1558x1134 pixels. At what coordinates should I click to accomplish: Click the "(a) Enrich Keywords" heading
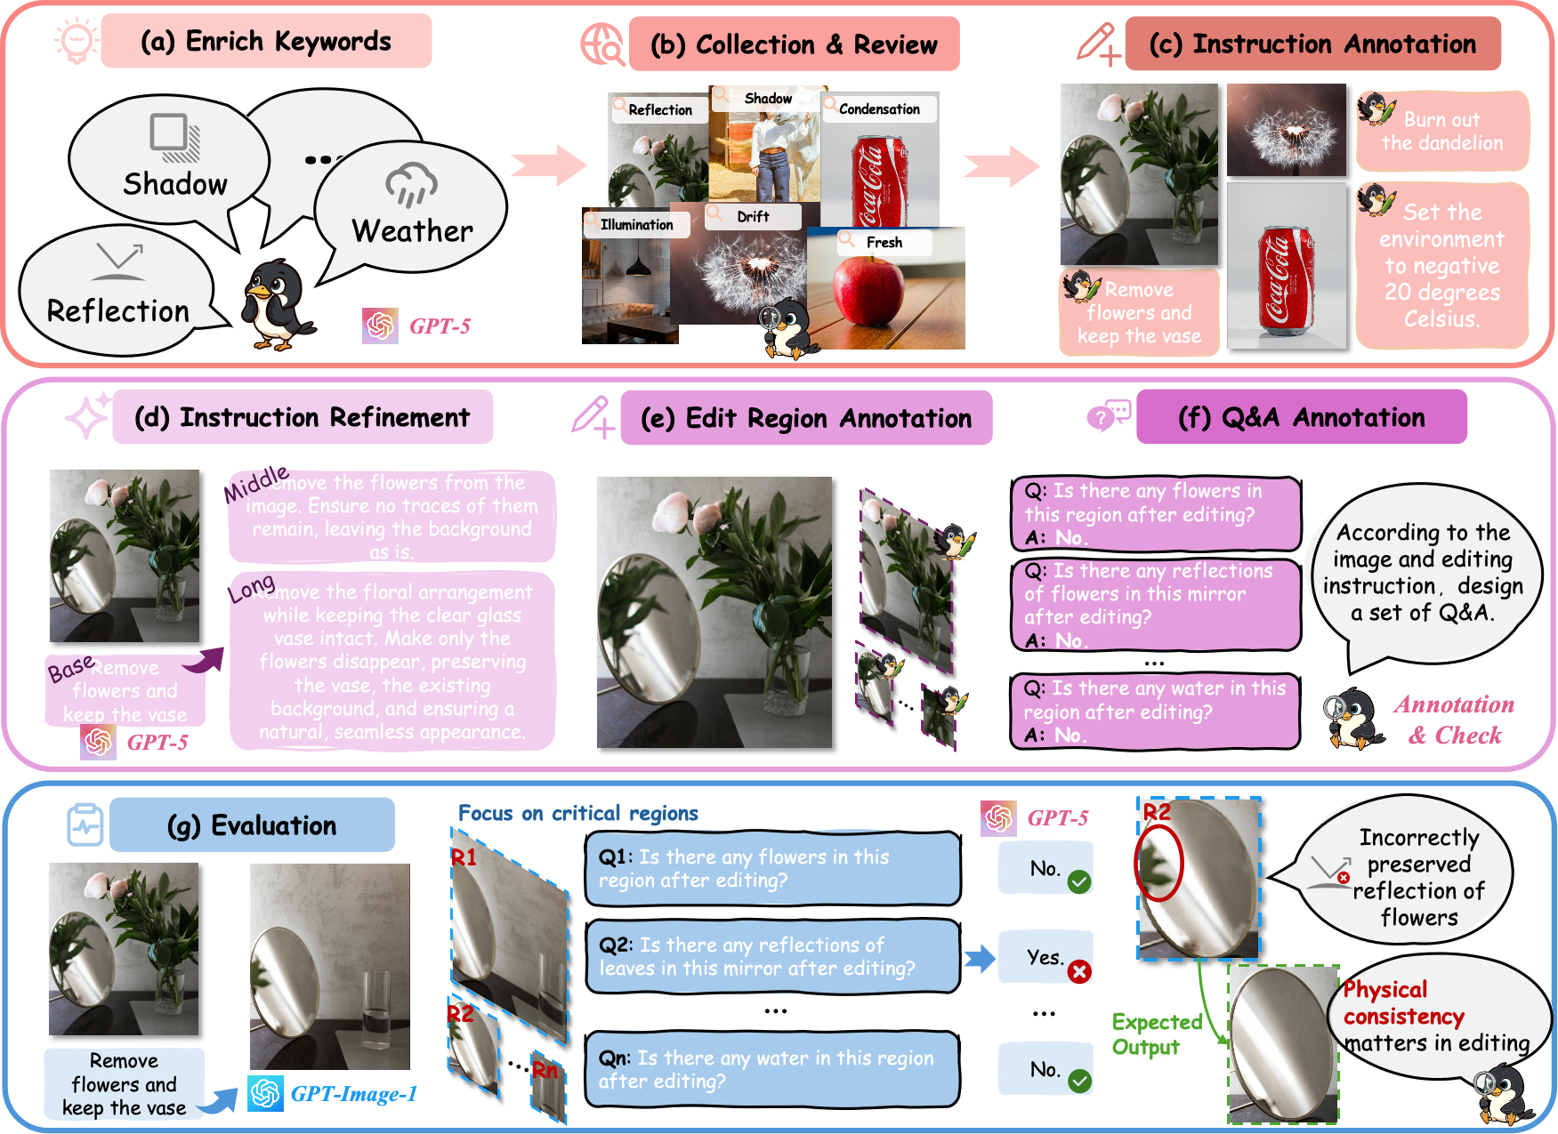click(x=265, y=42)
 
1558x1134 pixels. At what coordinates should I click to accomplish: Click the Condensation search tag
click(x=879, y=109)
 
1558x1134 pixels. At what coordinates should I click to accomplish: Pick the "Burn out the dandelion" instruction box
click(x=1441, y=131)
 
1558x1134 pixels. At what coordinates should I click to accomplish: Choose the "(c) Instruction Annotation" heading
click(x=1312, y=44)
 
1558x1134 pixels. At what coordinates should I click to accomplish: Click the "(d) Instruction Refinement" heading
click(x=302, y=418)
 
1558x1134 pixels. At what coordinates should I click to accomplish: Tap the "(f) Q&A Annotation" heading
click(x=1301, y=418)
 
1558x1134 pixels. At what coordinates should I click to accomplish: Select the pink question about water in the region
click(x=1154, y=711)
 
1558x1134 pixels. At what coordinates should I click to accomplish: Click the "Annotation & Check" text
click(x=1454, y=720)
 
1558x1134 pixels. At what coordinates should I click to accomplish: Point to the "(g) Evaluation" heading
click(x=252, y=825)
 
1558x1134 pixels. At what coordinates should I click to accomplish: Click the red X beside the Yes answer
click(x=1079, y=971)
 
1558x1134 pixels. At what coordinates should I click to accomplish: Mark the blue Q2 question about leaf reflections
click(x=771, y=956)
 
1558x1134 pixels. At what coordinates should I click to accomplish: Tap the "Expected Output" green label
click(x=1157, y=1034)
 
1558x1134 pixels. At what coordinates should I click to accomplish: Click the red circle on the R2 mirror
click(x=1158, y=863)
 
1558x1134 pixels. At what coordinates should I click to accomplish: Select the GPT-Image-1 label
click(x=353, y=1094)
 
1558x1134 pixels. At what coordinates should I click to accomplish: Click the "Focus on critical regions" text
click(x=577, y=813)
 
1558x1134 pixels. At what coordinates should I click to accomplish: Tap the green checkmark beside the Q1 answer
click(x=1079, y=882)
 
